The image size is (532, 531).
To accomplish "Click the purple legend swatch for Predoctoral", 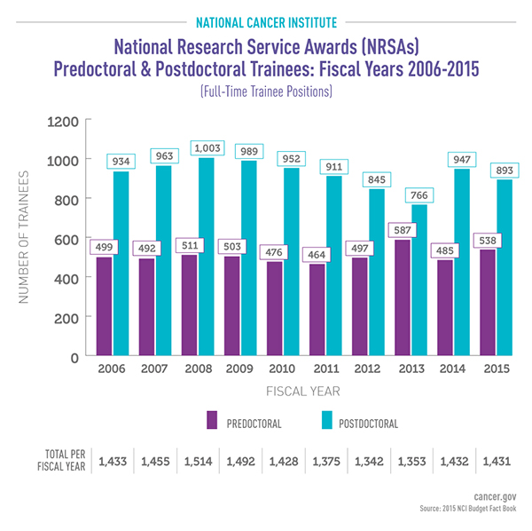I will (x=213, y=420).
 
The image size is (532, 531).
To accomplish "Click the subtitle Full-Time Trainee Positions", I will (x=266, y=91).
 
